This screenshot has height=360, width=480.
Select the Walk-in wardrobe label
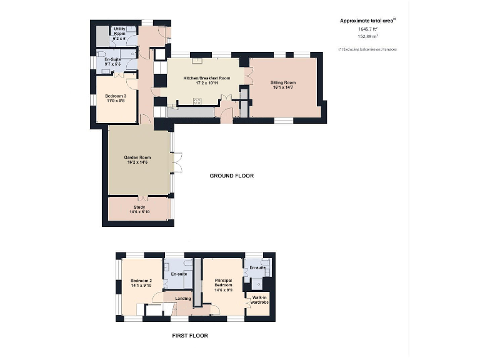click(x=259, y=300)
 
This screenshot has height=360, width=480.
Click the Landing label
click(x=183, y=298)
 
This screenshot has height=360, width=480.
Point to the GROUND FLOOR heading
click(x=231, y=176)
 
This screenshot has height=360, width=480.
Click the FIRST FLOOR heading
click(x=189, y=336)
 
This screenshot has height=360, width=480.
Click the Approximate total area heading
click(x=367, y=21)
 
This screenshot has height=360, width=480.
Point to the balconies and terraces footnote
click(x=367, y=49)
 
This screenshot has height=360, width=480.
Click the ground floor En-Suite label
click(x=112, y=61)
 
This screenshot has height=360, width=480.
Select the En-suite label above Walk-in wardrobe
click(x=257, y=267)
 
